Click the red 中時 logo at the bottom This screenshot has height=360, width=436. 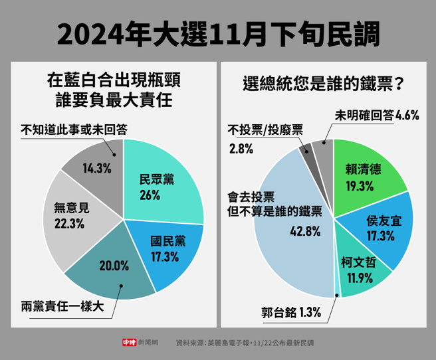(x=129, y=343)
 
